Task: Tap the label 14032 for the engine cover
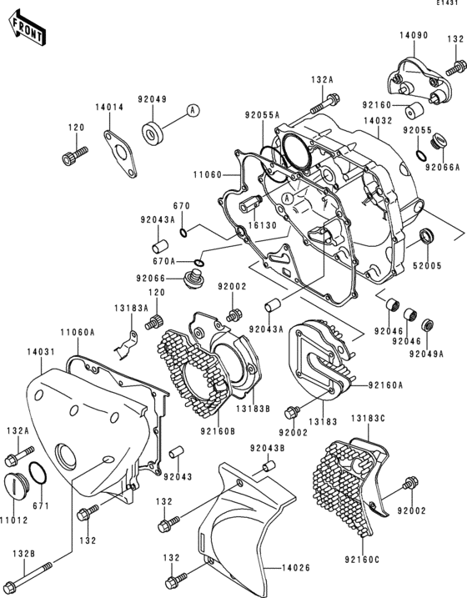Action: tap(377, 121)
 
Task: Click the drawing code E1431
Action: tap(448, 5)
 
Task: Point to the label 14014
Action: tap(108, 108)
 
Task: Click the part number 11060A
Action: tap(82, 332)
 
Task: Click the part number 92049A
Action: tap(426, 354)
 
